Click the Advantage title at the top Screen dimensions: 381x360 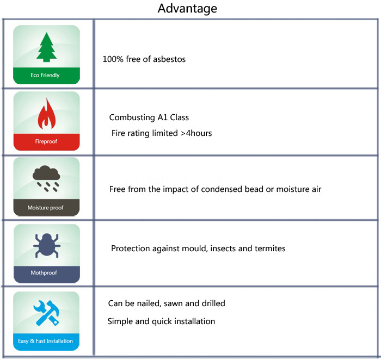click(x=187, y=9)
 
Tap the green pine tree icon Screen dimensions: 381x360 click(x=46, y=47)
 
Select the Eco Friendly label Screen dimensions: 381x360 click(x=45, y=75)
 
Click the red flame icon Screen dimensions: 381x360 click(x=47, y=114)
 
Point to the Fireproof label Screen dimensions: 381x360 click(x=46, y=141)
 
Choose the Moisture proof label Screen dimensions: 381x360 click(x=45, y=208)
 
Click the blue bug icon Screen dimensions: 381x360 click(x=47, y=245)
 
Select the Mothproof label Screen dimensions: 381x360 click(x=44, y=272)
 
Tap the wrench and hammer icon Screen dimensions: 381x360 click(x=46, y=313)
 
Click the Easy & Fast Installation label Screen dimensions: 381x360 click(x=45, y=341)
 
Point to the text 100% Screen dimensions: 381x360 click(x=113, y=59)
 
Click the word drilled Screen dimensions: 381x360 click(x=213, y=303)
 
